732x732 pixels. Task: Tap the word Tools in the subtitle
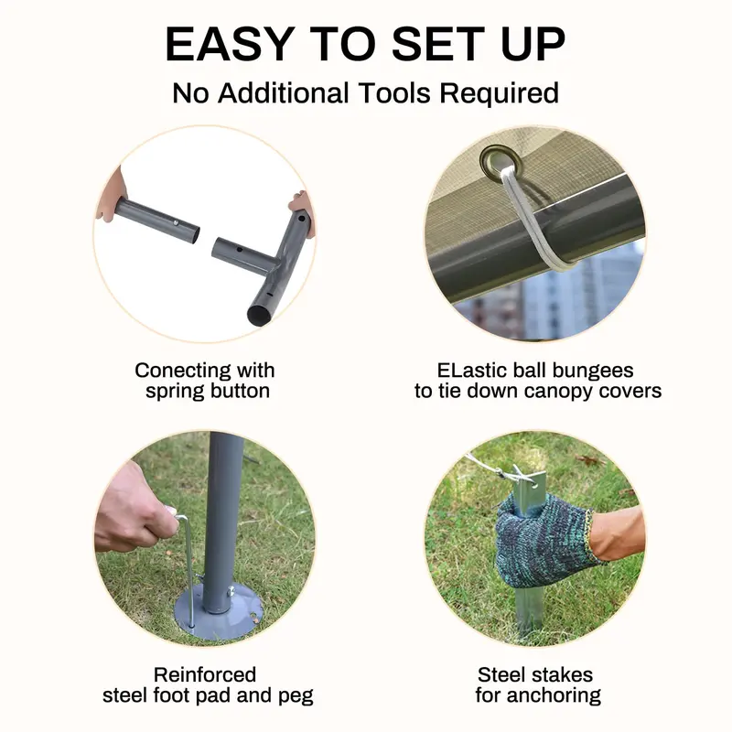click(x=393, y=92)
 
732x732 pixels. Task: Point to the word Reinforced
click(x=205, y=674)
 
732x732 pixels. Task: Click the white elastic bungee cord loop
click(x=537, y=220)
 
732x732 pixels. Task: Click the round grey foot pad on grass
click(x=217, y=612)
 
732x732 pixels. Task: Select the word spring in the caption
click(x=173, y=393)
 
